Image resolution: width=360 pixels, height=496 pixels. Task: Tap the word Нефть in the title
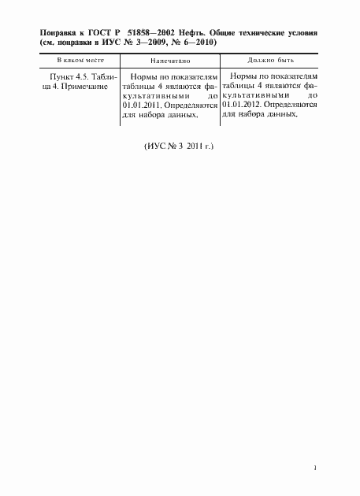[x=197, y=35]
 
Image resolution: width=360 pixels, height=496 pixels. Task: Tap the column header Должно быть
[x=269, y=61]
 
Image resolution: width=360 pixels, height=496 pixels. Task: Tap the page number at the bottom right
[x=315, y=467]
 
